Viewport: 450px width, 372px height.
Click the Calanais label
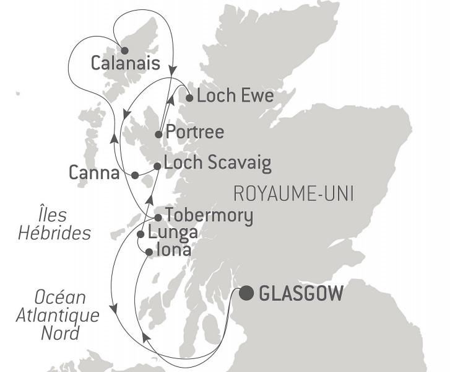point(126,63)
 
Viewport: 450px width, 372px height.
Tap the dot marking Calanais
point(124,51)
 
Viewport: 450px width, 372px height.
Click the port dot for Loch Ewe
point(190,97)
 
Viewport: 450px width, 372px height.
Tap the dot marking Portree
point(158,134)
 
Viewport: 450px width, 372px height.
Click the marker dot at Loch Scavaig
point(157,166)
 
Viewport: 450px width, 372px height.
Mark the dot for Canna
point(135,175)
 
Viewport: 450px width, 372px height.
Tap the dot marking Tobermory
point(158,217)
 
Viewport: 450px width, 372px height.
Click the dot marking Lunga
point(141,234)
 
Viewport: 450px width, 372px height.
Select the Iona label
point(173,251)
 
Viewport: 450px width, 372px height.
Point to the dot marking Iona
point(149,252)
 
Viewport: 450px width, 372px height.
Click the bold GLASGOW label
point(301,293)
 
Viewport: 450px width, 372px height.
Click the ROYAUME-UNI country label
point(293,195)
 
